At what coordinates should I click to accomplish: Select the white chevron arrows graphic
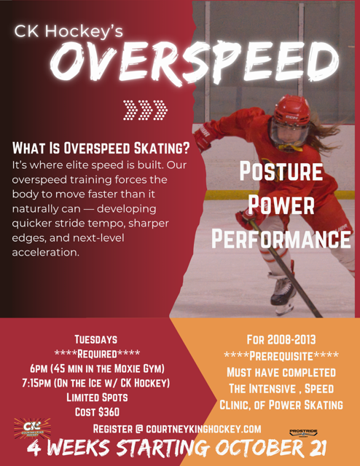146,109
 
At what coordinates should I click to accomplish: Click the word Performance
281,238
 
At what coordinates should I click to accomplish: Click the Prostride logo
303,432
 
